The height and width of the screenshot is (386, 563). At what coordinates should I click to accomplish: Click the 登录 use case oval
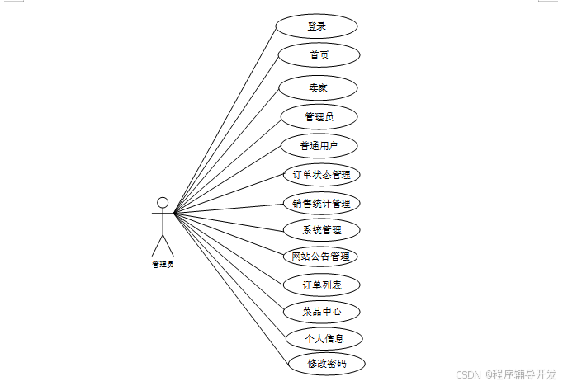pyautogui.click(x=316, y=26)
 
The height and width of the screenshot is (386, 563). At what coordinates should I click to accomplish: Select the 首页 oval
pyautogui.click(x=319, y=55)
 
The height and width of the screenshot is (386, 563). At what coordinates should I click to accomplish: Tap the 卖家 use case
pyautogui.click(x=318, y=87)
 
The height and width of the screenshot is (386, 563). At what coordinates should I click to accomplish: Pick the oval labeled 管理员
pyautogui.click(x=319, y=116)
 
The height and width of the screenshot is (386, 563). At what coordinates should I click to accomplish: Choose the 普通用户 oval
pyautogui.click(x=318, y=146)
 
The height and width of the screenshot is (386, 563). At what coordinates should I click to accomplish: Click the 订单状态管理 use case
pyautogui.click(x=321, y=175)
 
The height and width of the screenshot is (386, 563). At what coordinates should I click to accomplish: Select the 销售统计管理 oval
pyautogui.click(x=321, y=203)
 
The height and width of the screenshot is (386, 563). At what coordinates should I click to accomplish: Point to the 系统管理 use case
pyautogui.click(x=321, y=229)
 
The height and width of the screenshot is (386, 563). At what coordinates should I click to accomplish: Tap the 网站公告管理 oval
pyautogui.click(x=321, y=257)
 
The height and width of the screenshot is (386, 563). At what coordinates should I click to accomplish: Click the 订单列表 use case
pyautogui.click(x=321, y=285)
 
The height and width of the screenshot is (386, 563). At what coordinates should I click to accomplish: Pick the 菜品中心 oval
pyautogui.click(x=321, y=312)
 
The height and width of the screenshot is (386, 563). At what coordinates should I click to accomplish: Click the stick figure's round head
pyautogui.click(x=163, y=202)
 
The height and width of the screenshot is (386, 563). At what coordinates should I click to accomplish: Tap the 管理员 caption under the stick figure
pyautogui.click(x=163, y=265)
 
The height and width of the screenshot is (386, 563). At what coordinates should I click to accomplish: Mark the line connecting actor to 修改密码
pyautogui.click(x=231, y=289)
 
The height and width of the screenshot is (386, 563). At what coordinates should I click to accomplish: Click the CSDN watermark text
pyautogui.click(x=468, y=374)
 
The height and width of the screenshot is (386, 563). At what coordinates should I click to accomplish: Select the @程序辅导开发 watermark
pyautogui.click(x=521, y=374)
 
